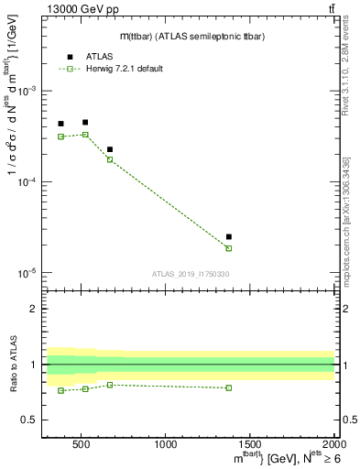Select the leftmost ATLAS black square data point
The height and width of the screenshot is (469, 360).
[60, 124]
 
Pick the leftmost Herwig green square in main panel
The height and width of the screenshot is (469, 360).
[60, 136]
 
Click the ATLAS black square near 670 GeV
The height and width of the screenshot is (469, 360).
[110, 149]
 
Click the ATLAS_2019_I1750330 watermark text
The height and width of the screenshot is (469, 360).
[189, 274]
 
